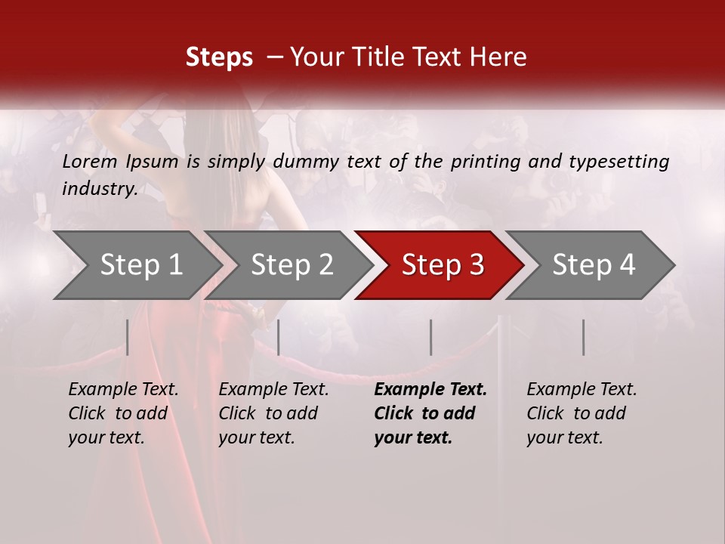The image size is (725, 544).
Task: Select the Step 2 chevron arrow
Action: click(x=292, y=264)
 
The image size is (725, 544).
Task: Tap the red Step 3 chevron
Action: click(x=443, y=264)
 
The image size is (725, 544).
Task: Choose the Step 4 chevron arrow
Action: click(x=594, y=264)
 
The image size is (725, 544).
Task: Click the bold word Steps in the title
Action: click(x=219, y=57)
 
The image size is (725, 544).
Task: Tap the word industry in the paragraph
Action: click(x=99, y=188)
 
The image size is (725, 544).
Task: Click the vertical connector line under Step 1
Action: click(x=128, y=337)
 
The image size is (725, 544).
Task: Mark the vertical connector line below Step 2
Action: click(x=279, y=337)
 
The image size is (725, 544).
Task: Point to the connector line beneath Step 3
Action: click(x=431, y=337)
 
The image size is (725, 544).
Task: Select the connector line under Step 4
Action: click(x=584, y=337)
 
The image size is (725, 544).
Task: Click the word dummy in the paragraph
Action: click(x=305, y=161)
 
